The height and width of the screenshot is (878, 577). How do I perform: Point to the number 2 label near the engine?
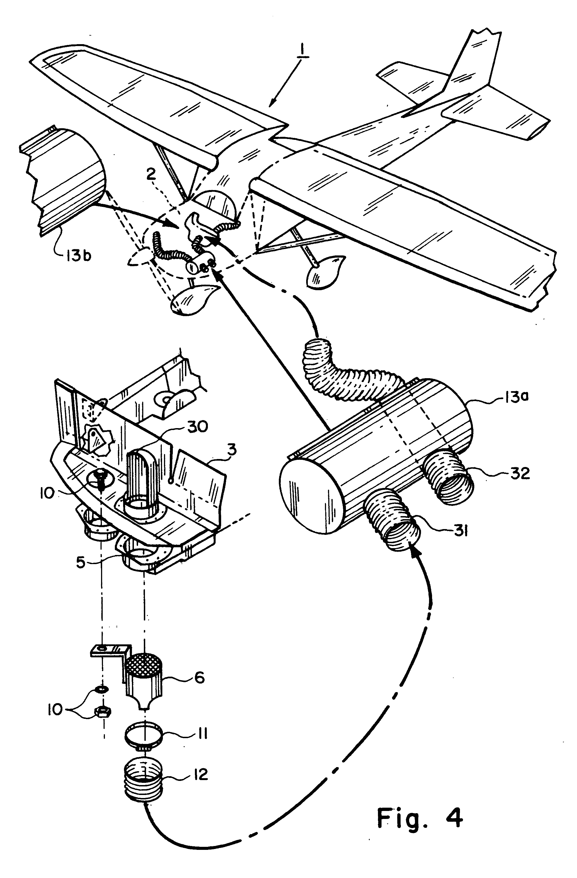point(150,176)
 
